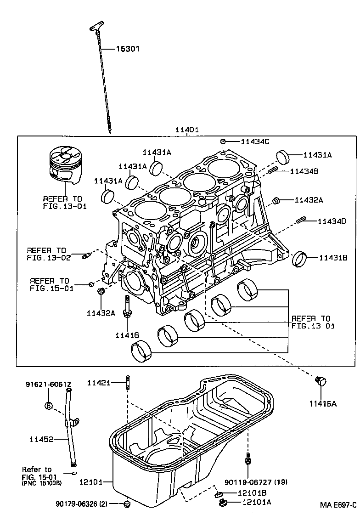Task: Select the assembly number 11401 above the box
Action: point(187,130)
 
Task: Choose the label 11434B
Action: point(306,171)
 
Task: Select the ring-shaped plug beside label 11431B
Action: point(300,259)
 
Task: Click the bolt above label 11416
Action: point(126,306)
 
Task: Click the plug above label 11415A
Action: point(321,380)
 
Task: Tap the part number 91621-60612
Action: point(48,384)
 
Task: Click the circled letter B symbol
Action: point(49,405)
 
